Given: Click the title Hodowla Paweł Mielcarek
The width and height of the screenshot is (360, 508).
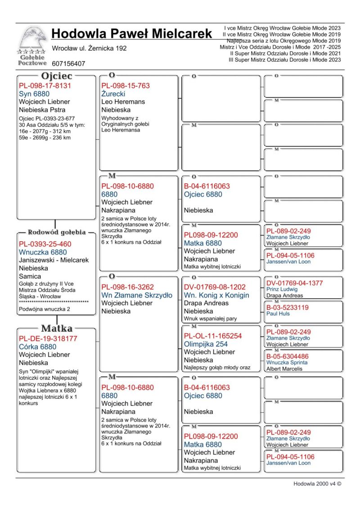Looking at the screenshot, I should coord(131,34).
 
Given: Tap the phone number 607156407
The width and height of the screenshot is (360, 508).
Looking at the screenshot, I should coord(68,64).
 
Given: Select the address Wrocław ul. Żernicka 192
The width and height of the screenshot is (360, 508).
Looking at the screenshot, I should coord(89,48).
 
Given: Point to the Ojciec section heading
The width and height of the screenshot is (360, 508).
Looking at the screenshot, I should coord(56,76).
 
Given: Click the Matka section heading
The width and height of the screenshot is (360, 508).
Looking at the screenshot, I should coord(56,328).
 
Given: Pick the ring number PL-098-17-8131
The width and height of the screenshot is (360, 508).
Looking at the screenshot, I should coord(45,85).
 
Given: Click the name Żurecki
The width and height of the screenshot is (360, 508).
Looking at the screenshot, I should coord(113,94).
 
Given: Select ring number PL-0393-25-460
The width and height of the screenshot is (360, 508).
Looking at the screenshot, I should coord(45,244).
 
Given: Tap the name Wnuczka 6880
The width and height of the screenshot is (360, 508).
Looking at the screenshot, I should coord(43,252).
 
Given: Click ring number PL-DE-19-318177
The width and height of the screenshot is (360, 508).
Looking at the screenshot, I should coord(48,339).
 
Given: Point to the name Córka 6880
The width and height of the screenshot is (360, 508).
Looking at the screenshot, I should coord(38,347).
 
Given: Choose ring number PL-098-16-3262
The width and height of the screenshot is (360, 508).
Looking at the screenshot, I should coord(127,287).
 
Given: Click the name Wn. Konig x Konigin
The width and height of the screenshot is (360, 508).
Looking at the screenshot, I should coord(216,295).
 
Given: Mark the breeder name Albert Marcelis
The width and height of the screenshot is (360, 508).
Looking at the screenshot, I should coord(284,369).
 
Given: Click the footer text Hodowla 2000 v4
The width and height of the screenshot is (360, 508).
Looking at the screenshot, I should coord(317,484).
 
